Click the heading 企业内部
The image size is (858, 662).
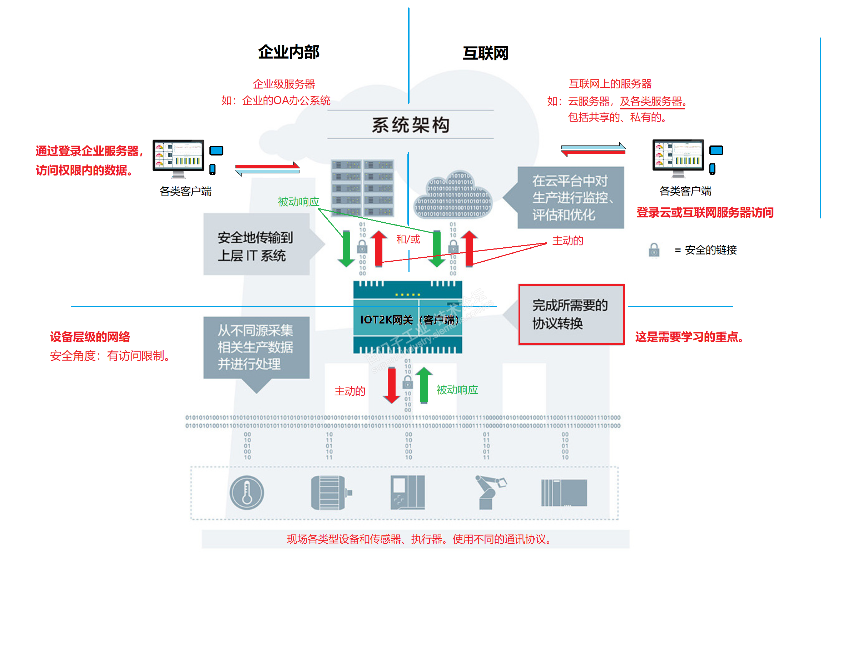point(289,52)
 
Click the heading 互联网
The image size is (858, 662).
point(486,53)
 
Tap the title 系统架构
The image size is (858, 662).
point(411,125)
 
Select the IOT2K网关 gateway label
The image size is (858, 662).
point(408,320)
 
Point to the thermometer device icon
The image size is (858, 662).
point(247,492)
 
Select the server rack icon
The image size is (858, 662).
point(362,188)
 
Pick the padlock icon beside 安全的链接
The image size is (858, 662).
point(654,250)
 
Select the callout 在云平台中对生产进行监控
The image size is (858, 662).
point(570,198)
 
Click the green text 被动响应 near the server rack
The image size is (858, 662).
point(299,202)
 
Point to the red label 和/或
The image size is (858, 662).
point(408,239)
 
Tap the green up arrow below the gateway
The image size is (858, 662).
point(423,385)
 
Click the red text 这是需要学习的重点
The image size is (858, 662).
point(689,337)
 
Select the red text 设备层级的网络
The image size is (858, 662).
point(90,337)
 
